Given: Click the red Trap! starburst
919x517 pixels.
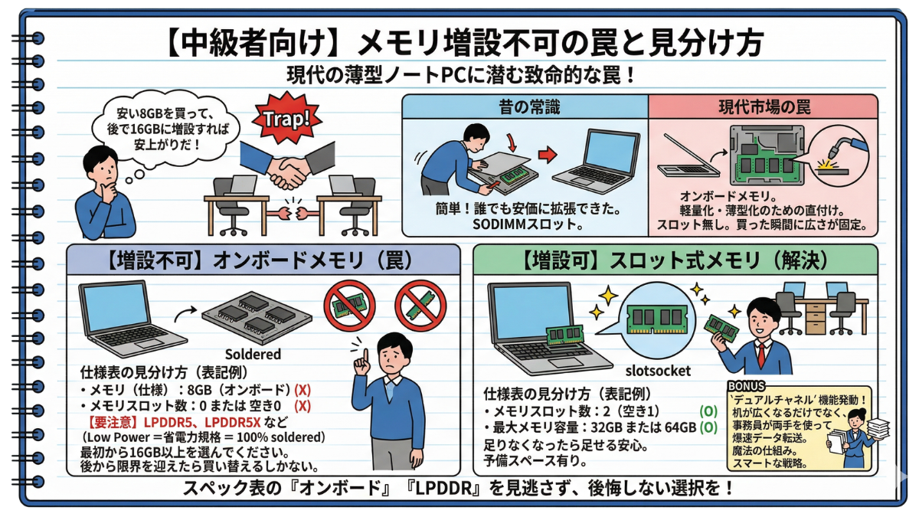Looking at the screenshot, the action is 286,118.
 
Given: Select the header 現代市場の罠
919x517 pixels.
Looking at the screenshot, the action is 764,107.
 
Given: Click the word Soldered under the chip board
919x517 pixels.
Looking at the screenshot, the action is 253,354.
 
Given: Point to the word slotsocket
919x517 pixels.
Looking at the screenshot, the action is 658,371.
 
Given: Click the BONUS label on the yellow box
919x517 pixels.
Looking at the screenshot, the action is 746,386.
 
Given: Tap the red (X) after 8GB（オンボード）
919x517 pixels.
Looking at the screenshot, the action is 303,389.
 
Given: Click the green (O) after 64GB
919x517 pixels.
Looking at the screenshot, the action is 708,427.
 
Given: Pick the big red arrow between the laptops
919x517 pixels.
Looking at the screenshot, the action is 548,155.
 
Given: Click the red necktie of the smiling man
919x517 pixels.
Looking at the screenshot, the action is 761,355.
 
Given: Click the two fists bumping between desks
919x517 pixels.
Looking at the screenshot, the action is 292,214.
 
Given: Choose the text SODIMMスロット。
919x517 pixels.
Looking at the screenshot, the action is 528,225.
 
